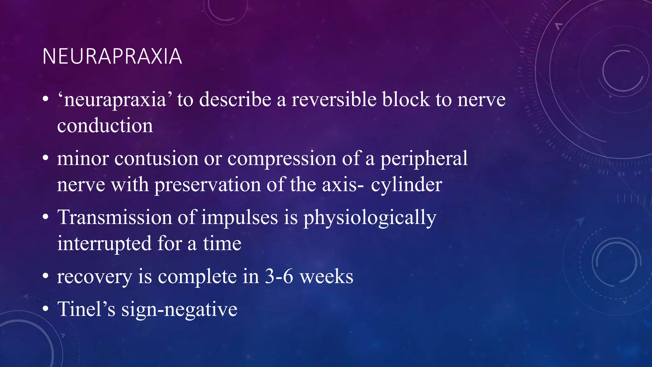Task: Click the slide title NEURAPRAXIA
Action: [x=112, y=57]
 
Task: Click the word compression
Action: [x=281, y=159]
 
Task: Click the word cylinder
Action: [x=407, y=185]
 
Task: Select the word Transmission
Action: [x=115, y=218]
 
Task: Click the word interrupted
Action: [x=104, y=244]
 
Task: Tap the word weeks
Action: [x=327, y=276]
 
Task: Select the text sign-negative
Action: [x=179, y=309]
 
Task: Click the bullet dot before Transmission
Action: [x=46, y=218]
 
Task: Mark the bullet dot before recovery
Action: [x=46, y=276]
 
